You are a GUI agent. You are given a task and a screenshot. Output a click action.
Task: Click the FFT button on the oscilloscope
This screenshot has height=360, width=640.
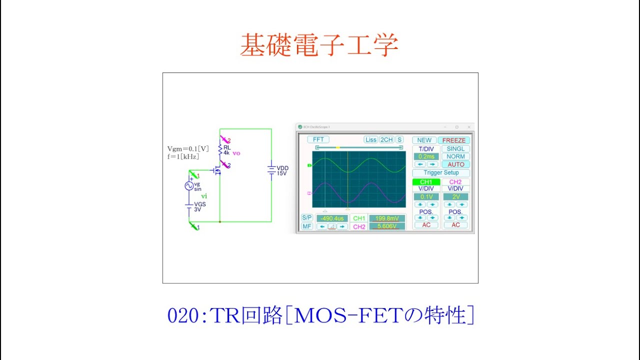tap(318, 140)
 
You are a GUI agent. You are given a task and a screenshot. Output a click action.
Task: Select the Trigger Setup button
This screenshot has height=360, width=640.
tap(441, 173)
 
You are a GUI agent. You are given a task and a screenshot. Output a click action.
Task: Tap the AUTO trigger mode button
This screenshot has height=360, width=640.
tap(455, 164)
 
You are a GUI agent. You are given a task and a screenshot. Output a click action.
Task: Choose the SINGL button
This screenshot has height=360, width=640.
tap(455, 149)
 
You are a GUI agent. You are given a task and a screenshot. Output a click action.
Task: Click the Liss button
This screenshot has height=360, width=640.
tap(370, 140)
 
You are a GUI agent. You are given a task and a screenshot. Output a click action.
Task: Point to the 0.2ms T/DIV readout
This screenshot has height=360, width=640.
tap(426, 156)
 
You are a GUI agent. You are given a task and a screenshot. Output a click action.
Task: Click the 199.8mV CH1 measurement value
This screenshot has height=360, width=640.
tap(387, 218)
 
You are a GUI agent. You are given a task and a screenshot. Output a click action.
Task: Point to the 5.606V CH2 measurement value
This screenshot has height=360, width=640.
tap(387, 226)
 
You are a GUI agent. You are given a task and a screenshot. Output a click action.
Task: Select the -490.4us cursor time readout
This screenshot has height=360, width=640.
tap(332, 218)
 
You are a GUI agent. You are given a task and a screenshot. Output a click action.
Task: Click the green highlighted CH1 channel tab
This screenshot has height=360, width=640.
tap(426, 182)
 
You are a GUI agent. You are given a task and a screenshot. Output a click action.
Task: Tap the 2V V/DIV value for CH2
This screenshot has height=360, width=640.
tap(455, 197)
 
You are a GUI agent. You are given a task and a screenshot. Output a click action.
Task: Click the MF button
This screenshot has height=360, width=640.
tap(307, 226)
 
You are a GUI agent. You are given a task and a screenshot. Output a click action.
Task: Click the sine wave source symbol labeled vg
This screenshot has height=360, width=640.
tap(189, 186)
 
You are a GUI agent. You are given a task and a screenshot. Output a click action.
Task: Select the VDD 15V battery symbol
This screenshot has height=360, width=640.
tap(271, 170)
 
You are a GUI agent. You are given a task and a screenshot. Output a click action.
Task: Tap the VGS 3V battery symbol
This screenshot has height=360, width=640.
tap(189, 205)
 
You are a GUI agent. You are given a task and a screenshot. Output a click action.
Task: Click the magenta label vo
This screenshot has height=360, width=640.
tap(236, 153)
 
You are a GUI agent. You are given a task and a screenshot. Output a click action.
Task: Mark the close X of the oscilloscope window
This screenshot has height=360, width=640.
tap(469, 127)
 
